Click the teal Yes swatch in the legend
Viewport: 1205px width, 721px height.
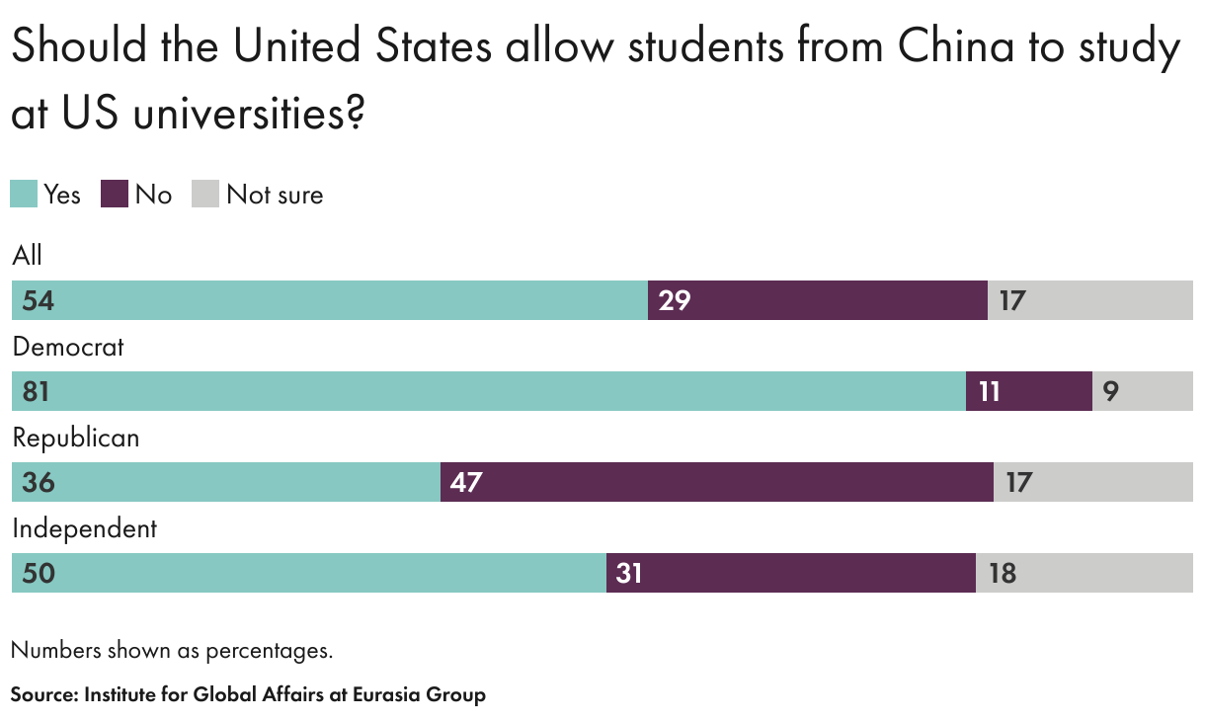(x=24, y=194)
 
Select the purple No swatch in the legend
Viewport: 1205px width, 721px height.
(x=115, y=194)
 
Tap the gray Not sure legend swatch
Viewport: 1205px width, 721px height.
(x=204, y=194)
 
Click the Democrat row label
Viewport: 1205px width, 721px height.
(x=68, y=347)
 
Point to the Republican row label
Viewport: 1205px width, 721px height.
(x=75, y=438)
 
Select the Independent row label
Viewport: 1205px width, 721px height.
(x=84, y=528)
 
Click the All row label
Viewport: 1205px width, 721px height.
(x=28, y=256)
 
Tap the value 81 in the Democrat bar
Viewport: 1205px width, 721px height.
(x=37, y=392)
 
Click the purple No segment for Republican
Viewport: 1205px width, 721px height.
(x=716, y=482)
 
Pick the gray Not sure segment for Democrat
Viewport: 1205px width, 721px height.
(x=1142, y=391)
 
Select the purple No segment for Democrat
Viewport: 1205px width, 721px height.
(x=1028, y=391)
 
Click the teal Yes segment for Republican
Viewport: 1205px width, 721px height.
(x=225, y=482)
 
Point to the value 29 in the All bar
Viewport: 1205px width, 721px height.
(x=675, y=301)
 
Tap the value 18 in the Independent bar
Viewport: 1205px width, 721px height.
(x=1002, y=574)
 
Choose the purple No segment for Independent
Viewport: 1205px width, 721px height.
(x=790, y=573)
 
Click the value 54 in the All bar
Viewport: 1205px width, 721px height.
(x=38, y=301)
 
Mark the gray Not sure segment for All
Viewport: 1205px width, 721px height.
(x=1090, y=300)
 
